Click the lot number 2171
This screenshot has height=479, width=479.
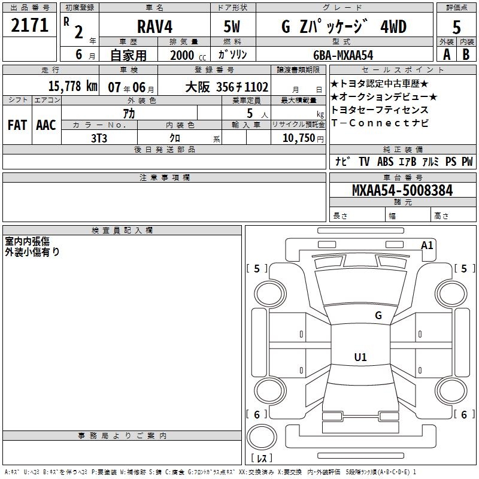click(x=29, y=25)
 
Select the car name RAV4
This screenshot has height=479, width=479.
click(x=154, y=26)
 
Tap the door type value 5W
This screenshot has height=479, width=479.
click(x=232, y=26)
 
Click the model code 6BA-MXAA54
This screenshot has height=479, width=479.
click(x=343, y=55)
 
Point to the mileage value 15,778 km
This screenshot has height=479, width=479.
click(x=72, y=86)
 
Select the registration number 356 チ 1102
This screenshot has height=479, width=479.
click(x=242, y=87)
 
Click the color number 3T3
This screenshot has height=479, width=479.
click(x=99, y=138)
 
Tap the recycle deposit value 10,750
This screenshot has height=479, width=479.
click(x=298, y=138)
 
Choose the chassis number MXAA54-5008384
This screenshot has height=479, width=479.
click(x=402, y=190)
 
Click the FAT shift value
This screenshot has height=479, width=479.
click(x=17, y=125)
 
